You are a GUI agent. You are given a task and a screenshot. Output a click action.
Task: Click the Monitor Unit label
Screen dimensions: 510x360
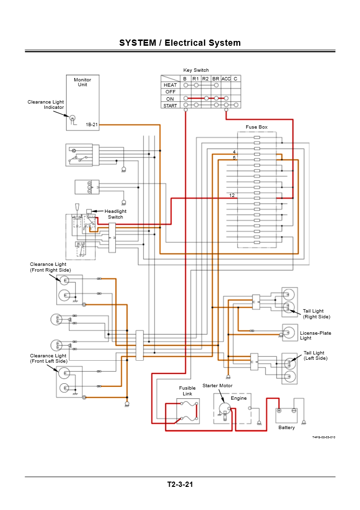(82, 82)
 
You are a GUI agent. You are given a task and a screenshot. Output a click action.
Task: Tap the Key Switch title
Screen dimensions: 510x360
(196, 70)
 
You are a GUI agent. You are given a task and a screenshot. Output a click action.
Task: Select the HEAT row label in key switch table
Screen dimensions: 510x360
(170, 85)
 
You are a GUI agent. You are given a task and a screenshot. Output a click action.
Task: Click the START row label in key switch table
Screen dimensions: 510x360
(170, 105)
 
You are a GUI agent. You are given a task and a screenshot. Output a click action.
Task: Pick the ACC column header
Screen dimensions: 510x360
(226, 78)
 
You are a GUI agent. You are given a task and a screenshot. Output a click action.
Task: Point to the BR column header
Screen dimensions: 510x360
(216, 78)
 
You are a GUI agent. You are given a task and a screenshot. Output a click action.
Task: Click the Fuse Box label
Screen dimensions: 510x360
(256, 127)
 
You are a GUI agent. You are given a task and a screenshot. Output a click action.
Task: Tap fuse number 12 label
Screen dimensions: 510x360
(232, 196)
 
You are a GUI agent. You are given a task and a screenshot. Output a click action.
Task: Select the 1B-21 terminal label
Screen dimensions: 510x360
(92, 125)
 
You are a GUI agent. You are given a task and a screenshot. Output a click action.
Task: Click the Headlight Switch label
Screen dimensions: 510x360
(116, 214)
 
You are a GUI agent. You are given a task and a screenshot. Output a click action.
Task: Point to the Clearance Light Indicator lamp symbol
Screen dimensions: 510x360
(73, 118)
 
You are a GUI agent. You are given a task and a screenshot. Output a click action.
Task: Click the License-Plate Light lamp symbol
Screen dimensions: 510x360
(290, 331)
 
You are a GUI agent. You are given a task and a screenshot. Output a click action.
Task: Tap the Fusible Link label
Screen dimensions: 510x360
(187, 391)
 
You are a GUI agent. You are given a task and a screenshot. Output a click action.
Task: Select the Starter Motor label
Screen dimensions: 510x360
(217, 386)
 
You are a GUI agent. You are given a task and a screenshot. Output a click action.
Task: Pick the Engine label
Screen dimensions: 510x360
(239, 398)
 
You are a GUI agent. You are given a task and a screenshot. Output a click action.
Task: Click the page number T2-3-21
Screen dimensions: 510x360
(180, 484)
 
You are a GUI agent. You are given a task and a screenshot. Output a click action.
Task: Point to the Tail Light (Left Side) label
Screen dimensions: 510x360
(315, 355)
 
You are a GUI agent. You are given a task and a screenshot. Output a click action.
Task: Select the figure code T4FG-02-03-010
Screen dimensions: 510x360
(323, 437)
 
